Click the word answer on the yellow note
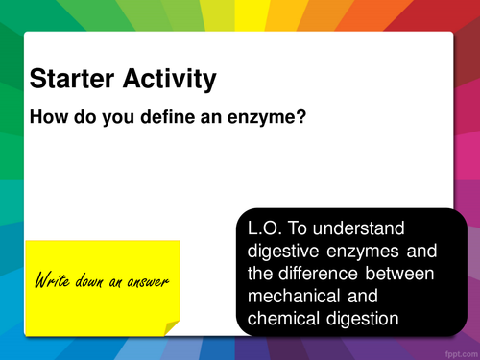coord(145,282)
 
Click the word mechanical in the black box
coord(294,297)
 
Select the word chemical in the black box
coord(286,319)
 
